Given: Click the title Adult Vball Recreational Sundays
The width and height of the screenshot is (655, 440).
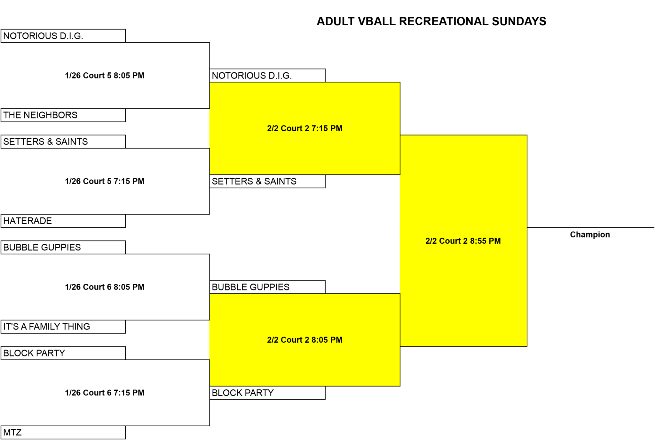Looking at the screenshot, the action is pyautogui.click(x=431, y=21).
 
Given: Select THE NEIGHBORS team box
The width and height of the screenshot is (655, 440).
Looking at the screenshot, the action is pyautogui.click(x=63, y=115).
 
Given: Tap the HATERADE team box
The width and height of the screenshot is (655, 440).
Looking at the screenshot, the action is pyautogui.click(x=63, y=221).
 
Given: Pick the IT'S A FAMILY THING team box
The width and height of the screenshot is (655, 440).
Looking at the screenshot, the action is pyautogui.click(x=63, y=327).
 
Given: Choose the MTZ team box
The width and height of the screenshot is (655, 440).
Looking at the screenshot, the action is pyautogui.click(x=63, y=432).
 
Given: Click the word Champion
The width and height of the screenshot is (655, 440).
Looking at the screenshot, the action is pyautogui.click(x=590, y=235).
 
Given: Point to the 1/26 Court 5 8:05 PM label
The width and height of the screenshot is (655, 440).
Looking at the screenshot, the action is pyautogui.click(x=105, y=76).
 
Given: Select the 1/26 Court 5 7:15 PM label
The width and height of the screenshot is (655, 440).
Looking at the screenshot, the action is pyautogui.click(x=105, y=181).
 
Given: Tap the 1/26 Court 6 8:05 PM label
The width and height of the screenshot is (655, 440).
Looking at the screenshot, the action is pyautogui.click(x=105, y=287).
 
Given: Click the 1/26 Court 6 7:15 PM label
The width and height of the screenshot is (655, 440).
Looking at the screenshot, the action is pyautogui.click(x=105, y=393).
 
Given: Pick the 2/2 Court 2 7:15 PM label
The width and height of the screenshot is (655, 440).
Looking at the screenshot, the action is pyautogui.click(x=304, y=128).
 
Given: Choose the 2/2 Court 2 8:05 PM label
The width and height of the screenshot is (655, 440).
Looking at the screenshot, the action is pyautogui.click(x=304, y=340).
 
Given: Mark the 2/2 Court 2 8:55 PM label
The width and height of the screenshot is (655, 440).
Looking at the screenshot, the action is pyautogui.click(x=463, y=241).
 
